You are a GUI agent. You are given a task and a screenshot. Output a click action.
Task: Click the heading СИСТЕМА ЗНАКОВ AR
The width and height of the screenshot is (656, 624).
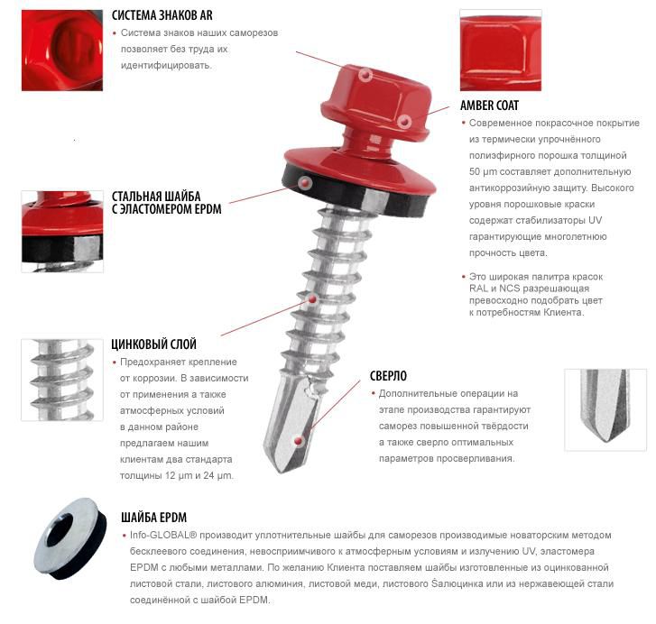162,15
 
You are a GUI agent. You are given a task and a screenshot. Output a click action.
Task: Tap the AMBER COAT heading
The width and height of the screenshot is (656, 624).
489,106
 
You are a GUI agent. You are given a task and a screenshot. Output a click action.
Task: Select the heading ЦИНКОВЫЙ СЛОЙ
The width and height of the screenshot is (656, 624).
154,344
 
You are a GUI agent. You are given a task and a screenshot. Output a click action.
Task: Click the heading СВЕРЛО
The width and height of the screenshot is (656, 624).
388,376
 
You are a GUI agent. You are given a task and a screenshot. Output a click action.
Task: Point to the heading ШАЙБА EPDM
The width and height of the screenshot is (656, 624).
154,518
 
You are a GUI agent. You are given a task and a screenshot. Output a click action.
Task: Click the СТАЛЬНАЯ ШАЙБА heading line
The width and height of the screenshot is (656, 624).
156,196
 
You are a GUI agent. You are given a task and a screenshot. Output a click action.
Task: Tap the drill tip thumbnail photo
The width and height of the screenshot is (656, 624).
605,410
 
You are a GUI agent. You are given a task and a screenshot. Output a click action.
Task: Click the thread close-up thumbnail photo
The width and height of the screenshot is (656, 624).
62,380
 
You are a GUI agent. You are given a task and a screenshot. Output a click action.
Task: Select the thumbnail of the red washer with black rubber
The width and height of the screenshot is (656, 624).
62,232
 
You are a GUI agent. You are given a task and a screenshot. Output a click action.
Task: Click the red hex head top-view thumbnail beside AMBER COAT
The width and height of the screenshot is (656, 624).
501,50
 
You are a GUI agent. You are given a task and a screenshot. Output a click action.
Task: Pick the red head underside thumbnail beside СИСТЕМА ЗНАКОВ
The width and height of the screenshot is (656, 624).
62,50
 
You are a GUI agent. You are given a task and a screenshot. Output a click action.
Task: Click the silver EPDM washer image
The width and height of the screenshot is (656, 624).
70,538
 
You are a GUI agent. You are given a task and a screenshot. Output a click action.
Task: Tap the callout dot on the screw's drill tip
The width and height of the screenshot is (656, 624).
299,441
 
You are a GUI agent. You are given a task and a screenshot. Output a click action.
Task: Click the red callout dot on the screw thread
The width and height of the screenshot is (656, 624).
312,299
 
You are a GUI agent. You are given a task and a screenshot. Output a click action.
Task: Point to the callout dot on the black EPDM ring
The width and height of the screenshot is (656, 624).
305,183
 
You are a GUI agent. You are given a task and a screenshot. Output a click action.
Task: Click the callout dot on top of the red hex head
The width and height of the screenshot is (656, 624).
365,75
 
